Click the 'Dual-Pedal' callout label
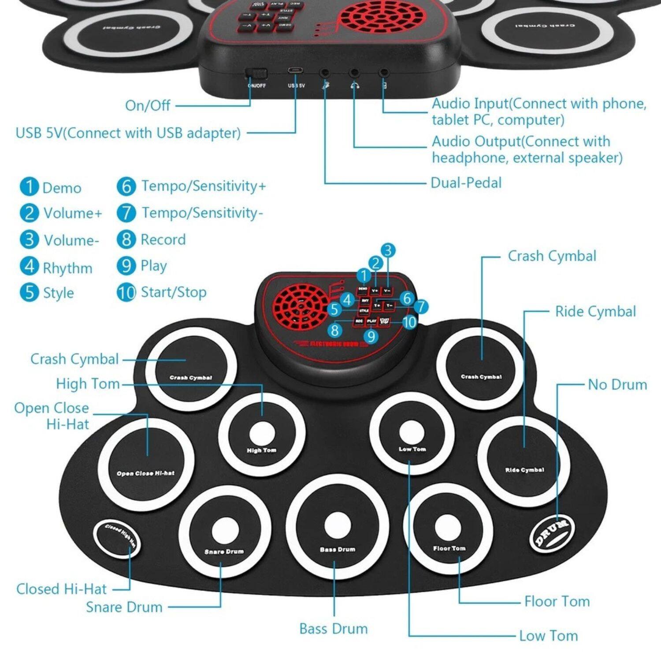[x=466, y=182]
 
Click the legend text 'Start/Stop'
[x=173, y=292]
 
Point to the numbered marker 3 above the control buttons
[x=387, y=250]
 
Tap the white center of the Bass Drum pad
[x=338, y=525]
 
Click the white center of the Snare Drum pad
[x=225, y=531]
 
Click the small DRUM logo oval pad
[x=552, y=533]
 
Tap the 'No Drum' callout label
[x=617, y=384]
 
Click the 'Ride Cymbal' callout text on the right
[x=595, y=312]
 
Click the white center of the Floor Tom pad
[x=448, y=527]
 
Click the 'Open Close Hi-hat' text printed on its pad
[x=145, y=473]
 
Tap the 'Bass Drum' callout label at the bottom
[x=333, y=628]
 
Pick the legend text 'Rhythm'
[x=67, y=267]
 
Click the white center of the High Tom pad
[x=262, y=434]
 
